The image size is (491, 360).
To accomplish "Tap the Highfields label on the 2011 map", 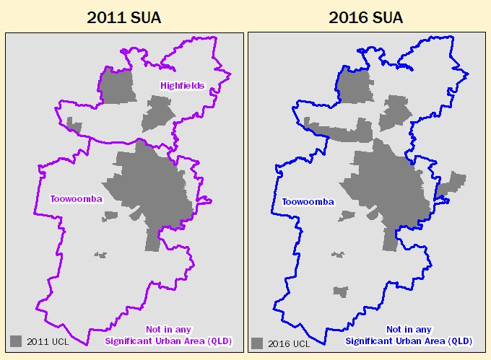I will click(x=182, y=85).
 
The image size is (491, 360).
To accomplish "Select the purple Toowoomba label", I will click(x=75, y=198).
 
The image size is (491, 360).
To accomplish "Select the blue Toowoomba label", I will click(x=308, y=202).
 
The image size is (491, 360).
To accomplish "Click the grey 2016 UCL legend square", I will click(x=258, y=343).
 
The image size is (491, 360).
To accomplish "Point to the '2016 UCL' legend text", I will click(x=289, y=343).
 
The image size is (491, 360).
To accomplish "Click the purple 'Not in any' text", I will click(x=168, y=329).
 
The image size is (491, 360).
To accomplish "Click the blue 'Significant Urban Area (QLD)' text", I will click(x=409, y=341).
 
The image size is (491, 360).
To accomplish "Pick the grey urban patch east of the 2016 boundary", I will click(x=452, y=183).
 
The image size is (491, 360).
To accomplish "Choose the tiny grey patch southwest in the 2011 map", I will click(x=100, y=255).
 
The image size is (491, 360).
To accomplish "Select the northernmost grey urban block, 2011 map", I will click(x=117, y=87).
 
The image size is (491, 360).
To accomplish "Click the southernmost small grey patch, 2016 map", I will click(x=341, y=291).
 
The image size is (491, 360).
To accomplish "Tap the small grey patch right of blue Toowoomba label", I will click(x=347, y=216).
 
